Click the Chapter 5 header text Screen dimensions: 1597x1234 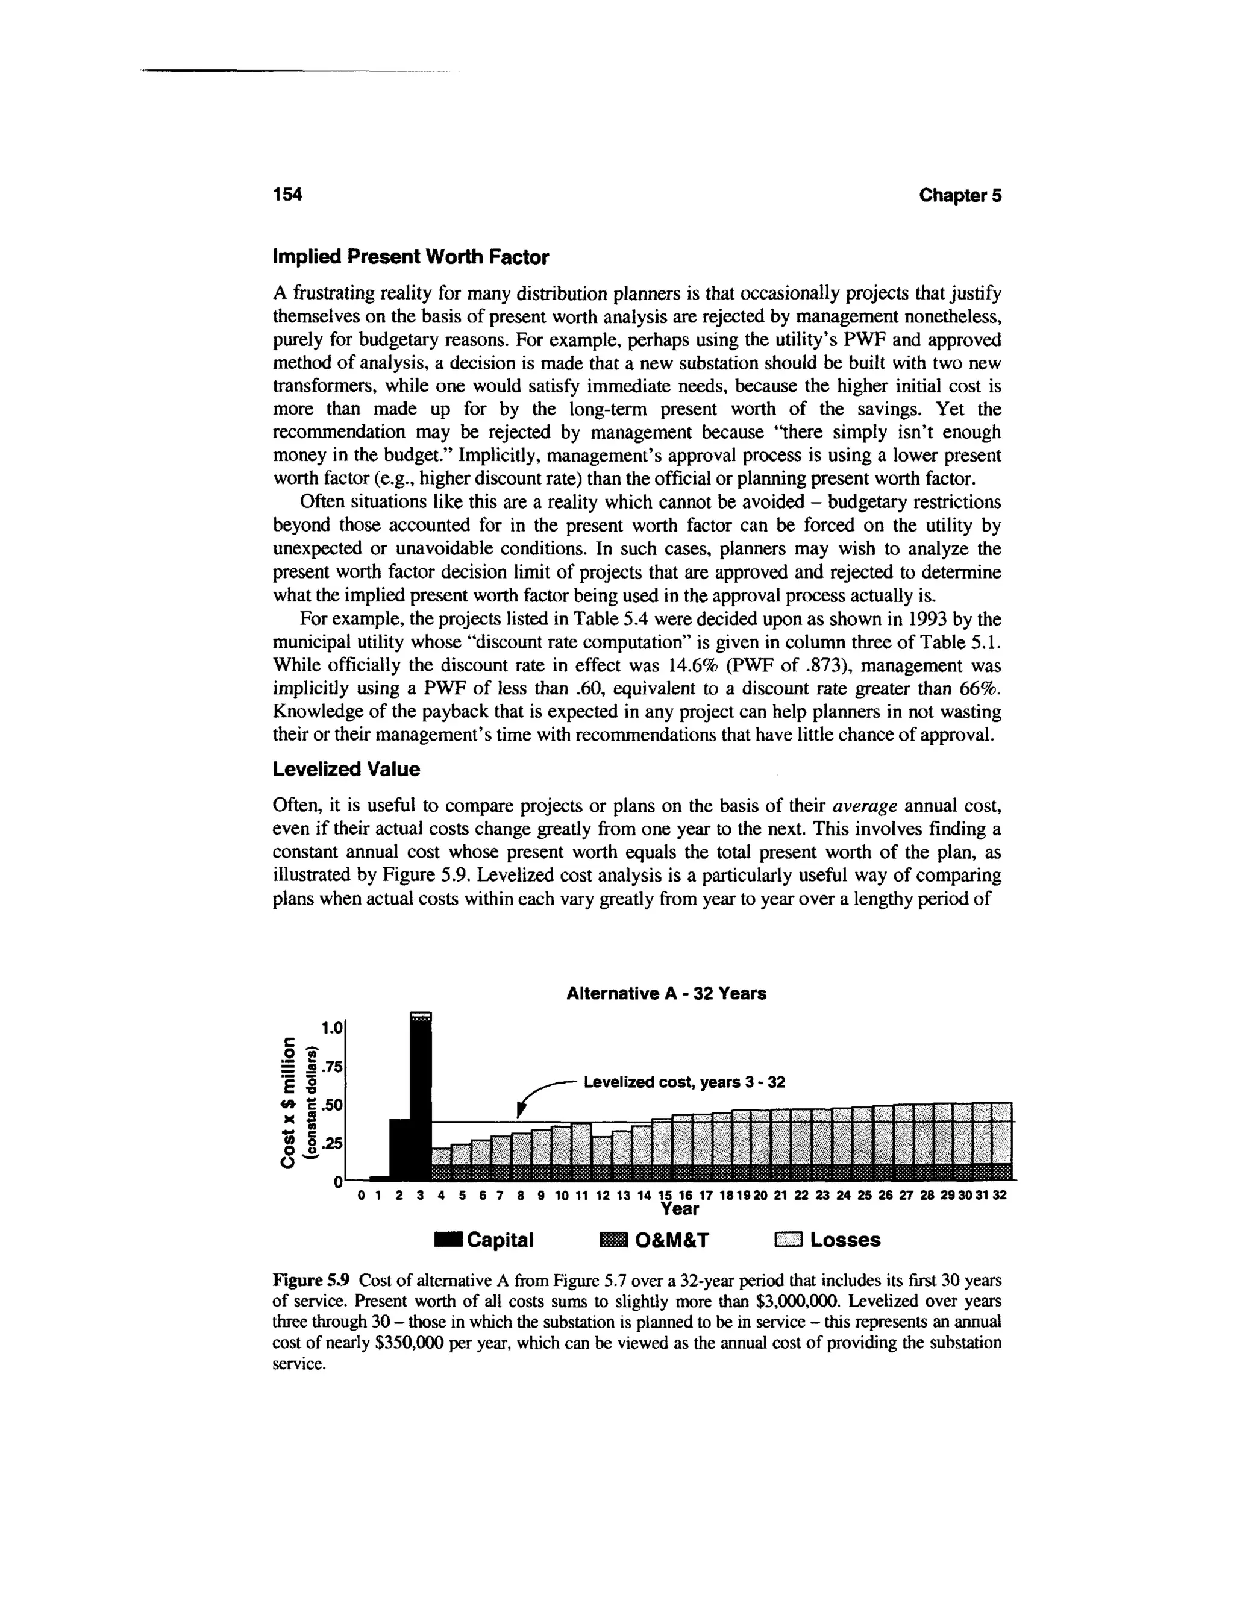[x=960, y=195]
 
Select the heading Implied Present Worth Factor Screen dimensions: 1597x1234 [x=410, y=257]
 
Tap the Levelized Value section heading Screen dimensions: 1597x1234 [x=346, y=769]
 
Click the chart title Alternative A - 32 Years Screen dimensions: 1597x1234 [x=666, y=994]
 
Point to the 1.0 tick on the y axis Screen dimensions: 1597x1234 [x=332, y=1028]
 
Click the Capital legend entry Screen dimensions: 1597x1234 [x=484, y=1240]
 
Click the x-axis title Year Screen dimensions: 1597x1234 [x=679, y=1209]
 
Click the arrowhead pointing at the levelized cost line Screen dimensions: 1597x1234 [x=521, y=1111]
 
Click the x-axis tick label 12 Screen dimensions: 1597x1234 [x=603, y=1196]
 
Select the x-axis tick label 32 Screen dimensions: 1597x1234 [x=1001, y=1196]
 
